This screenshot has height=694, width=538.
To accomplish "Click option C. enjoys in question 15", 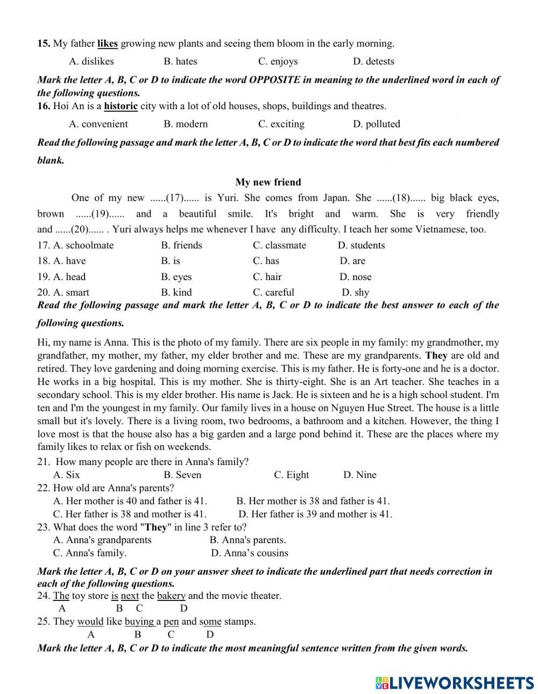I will pyautogui.click(x=278, y=61).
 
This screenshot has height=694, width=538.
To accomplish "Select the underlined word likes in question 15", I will pyautogui.click(x=108, y=44).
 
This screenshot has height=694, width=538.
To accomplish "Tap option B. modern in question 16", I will pyautogui.click(x=186, y=124).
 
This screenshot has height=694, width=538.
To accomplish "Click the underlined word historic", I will pyautogui.click(x=121, y=106).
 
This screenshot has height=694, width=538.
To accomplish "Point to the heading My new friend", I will pyautogui.click(x=268, y=182).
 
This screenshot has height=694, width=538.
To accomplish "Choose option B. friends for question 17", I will pyautogui.click(x=181, y=246).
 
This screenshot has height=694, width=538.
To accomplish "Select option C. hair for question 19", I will pyautogui.click(x=267, y=277).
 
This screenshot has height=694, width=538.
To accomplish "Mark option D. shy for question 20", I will pyautogui.click(x=355, y=293).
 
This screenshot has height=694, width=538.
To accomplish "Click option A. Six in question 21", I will pyautogui.click(x=66, y=475).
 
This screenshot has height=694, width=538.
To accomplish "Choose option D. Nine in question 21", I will pyautogui.click(x=359, y=475).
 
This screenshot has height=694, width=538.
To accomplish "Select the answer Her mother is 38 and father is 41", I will pyautogui.click(x=313, y=501).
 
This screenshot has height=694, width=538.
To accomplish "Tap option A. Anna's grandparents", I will pyautogui.click(x=102, y=540).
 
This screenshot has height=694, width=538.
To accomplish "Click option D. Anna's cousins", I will pyautogui.click(x=249, y=553).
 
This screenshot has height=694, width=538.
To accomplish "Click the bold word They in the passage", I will pyautogui.click(x=436, y=356).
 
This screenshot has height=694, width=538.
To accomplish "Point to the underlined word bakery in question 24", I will pyautogui.click(x=171, y=596).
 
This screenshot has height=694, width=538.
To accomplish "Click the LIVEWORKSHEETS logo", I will pyautogui.click(x=455, y=683).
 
